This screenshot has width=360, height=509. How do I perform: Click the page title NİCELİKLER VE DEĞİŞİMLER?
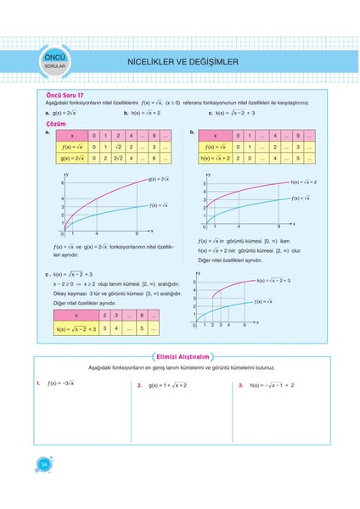point(182,61)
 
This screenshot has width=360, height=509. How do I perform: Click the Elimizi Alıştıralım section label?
point(180,357)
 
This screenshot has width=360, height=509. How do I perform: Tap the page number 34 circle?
point(42,462)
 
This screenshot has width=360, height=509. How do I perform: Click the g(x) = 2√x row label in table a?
point(70,158)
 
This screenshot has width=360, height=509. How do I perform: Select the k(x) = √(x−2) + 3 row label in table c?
point(75,329)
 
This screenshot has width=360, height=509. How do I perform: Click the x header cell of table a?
point(71,136)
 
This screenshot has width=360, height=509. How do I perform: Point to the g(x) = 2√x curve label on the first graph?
point(159,179)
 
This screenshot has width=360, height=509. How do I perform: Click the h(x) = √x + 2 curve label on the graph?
point(304,182)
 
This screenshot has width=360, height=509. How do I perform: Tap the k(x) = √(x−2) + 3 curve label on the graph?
point(273,280)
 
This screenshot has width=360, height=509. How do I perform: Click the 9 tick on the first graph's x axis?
point(137,233)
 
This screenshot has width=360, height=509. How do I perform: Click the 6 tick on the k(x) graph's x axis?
point(245,325)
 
